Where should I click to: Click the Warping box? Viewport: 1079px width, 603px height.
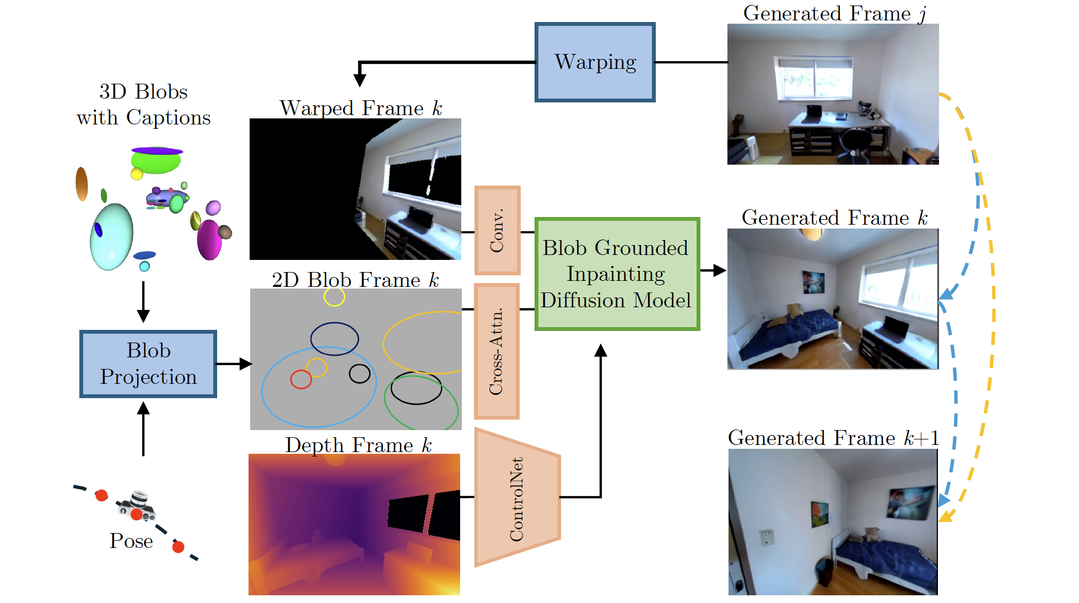pos(595,62)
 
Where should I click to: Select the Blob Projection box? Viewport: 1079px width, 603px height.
pos(148,364)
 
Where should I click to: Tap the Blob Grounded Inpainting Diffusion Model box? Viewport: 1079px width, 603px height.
pos(617,274)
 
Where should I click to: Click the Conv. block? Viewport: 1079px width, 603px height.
pos(497,230)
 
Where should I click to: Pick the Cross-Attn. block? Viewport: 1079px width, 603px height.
pos(497,351)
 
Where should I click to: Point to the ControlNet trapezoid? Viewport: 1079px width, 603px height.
pos(516,498)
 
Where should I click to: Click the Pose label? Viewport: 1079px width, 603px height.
pos(131,541)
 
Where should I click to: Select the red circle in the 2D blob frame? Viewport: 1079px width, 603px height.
pos(301,379)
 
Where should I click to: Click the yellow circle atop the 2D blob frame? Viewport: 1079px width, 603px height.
pos(334,297)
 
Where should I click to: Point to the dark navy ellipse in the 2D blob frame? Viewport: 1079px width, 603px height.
pos(335,339)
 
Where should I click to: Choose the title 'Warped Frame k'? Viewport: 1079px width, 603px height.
pos(361,108)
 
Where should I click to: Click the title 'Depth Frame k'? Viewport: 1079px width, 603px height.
pos(358,445)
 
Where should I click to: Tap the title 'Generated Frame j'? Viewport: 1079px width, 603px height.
pos(834,13)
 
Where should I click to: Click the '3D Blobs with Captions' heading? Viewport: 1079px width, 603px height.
pos(143,105)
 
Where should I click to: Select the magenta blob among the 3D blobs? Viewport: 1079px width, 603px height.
pos(209,240)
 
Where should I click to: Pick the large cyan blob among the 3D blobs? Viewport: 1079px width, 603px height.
pos(112,237)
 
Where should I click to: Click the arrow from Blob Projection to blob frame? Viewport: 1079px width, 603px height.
pos(233,363)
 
